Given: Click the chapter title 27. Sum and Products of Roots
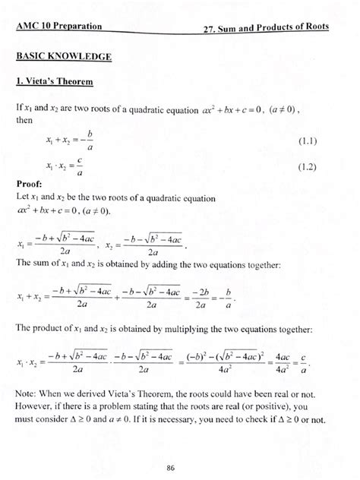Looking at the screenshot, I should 266,28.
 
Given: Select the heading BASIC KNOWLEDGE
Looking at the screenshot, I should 64,57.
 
